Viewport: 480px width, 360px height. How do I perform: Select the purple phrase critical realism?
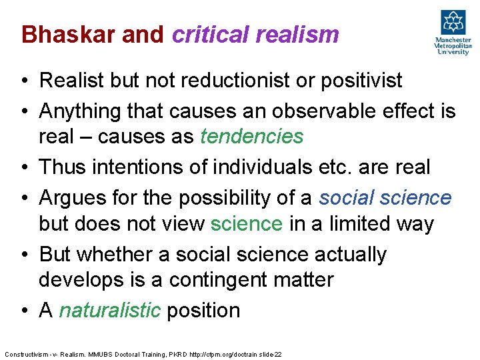(255, 34)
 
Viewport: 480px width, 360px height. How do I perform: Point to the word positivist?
(363, 81)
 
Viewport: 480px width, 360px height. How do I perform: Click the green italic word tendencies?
(252, 137)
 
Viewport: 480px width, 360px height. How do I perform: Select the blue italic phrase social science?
(385, 197)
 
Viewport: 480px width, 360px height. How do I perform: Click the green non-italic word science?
(247, 223)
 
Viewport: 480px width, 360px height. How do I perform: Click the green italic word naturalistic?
(109, 310)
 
